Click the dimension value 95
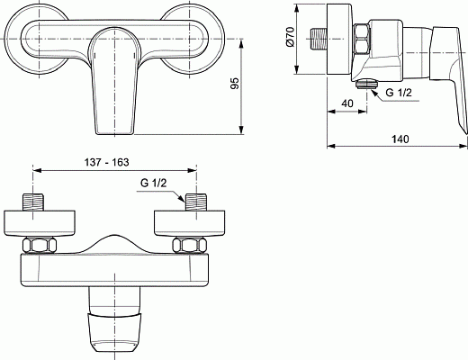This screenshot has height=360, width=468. (x=236, y=85)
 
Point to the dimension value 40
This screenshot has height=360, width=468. (x=347, y=104)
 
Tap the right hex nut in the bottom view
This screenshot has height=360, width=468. (x=191, y=245)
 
